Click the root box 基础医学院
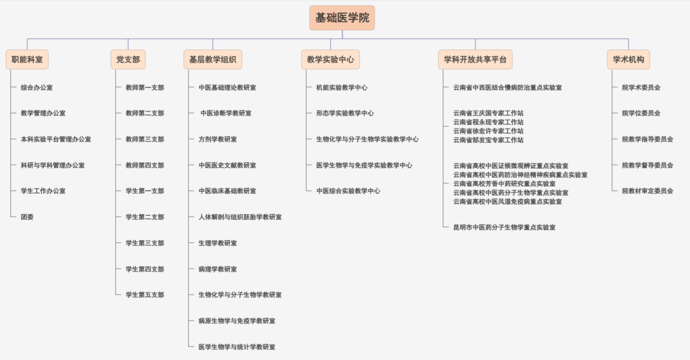pyautogui.click(x=342, y=18)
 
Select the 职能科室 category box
pyautogui.click(x=27, y=59)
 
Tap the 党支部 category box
pyautogui.click(x=128, y=59)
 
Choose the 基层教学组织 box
pyautogui.click(x=213, y=59)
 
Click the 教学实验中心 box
pyautogui.click(x=331, y=59)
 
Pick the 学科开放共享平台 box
pyautogui.click(x=475, y=59)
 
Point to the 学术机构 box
pyautogui.click(x=628, y=59)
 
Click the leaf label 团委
pyautogui.click(x=27, y=217)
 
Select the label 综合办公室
pyautogui.click(x=37, y=88)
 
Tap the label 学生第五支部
pyautogui.click(x=145, y=295)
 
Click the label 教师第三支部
pyautogui.click(x=145, y=139)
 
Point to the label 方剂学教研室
pyautogui.click(x=218, y=139)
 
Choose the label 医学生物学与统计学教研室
pyautogui.click(x=237, y=347)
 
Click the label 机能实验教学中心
pyautogui.click(x=342, y=88)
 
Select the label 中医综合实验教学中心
pyautogui.click(x=348, y=191)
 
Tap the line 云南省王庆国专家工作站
pyautogui.click(x=488, y=113)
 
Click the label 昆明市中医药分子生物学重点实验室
pyautogui.click(x=504, y=227)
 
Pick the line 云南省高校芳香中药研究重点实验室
pyautogui.click(x=504, y=184)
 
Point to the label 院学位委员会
pyautogui.click(x=641, y=113)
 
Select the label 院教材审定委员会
pyautogui.click(x=648, y=191)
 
